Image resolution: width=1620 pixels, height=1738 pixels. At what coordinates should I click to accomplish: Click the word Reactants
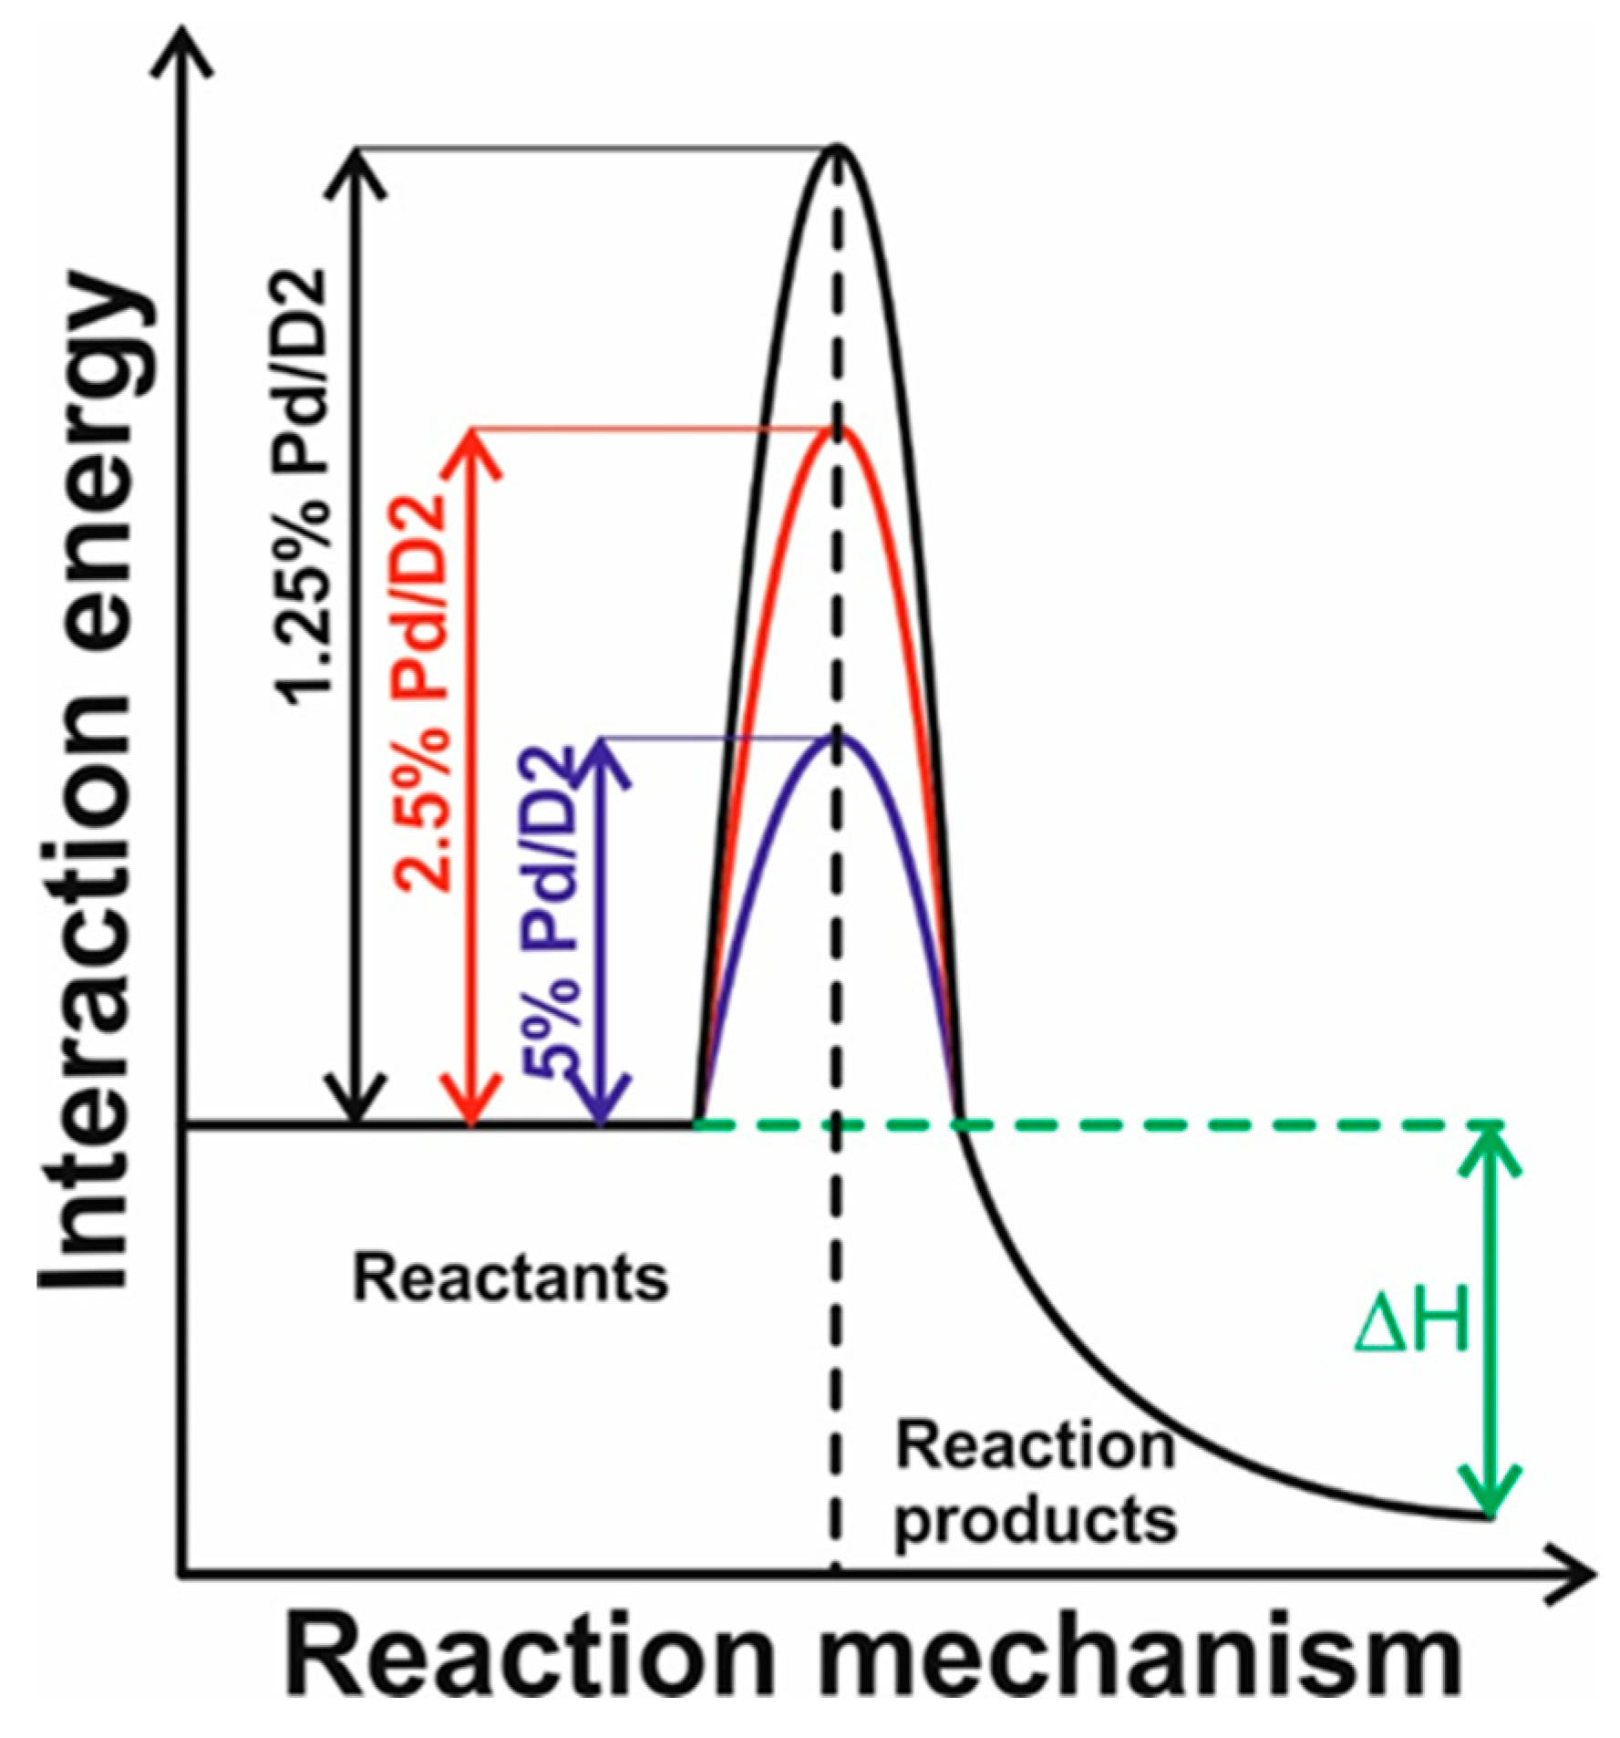pos(511,1278)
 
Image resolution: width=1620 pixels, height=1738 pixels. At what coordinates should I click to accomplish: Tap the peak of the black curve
pos(838,148)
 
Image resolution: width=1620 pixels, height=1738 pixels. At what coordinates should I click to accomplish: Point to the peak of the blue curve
pos(838,737)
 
